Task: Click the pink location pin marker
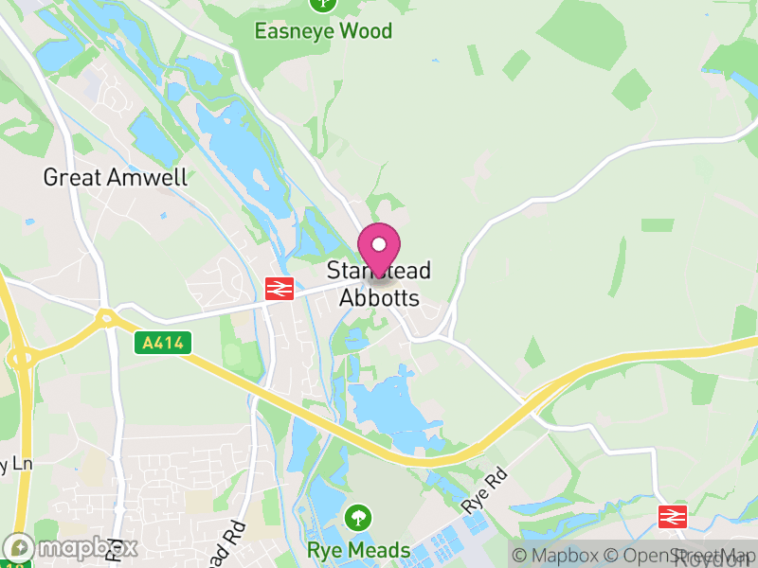[x=380, y=248]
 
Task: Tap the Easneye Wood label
[x=323, y=31]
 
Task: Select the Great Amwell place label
[x=116, y=177]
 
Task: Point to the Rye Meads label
[x=358, y=550]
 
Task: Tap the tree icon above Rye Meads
[x=358, y=518]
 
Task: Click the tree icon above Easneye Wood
[x=323, y=4]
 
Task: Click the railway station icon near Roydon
[x=672, y=516]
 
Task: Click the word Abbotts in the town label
[x=379, y=297]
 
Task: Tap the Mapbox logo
[x=72, y=547]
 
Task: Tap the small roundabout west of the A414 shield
[x=105, y=318]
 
